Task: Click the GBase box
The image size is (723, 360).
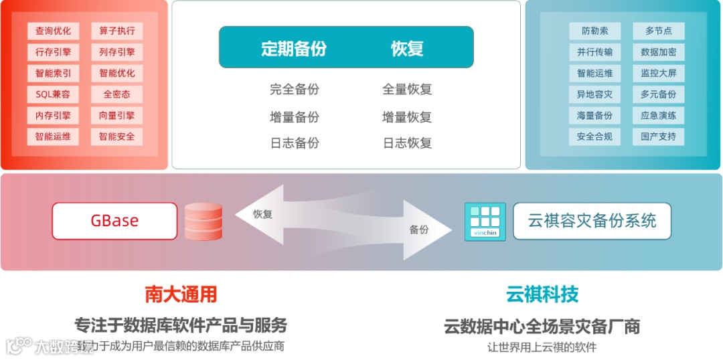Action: pos(114,221)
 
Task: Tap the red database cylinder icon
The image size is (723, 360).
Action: pos(204,221)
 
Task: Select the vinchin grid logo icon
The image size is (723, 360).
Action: pos(485,221)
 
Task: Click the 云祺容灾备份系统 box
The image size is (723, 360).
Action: pos(592,221)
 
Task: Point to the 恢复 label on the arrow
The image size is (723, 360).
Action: pos(262,214)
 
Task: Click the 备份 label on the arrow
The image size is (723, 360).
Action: pos(419,230)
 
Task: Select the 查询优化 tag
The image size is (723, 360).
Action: pos(53,31)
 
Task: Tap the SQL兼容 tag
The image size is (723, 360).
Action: pos(53,94)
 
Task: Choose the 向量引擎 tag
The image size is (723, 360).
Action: pos(116,116)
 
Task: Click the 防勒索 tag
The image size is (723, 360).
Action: pos(594,31)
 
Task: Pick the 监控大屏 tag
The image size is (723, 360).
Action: pos(658,73)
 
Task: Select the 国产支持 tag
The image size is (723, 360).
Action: pos(658,137)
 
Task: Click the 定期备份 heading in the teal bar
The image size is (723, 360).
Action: pos(294,48)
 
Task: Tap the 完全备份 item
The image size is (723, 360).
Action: pos(295,89)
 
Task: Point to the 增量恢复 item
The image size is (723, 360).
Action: pos(407,117)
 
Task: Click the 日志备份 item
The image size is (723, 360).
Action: pos(295,143)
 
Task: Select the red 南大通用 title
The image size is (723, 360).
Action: pos(181,294)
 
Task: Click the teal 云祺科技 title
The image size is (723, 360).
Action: pos(542,294)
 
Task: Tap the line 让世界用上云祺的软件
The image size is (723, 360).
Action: pos(542,347)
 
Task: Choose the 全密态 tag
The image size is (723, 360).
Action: pos(116,94)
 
